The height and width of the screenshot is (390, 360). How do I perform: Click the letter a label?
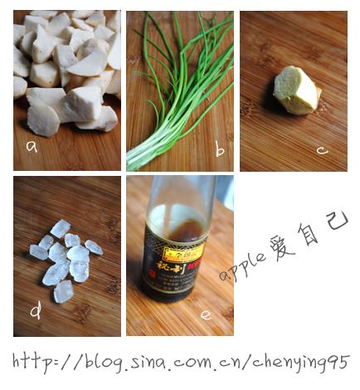coord(32,147)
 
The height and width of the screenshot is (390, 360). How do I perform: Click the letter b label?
coord(219,151)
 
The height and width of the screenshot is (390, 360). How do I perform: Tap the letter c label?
coord(323,150)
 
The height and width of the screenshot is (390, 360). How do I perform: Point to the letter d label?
coord(36,312)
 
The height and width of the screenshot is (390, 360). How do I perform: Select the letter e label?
coord(206,314)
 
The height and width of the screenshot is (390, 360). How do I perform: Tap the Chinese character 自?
coord(309,234)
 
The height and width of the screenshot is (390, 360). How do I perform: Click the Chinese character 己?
coord(337,222)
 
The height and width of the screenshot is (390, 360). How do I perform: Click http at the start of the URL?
coord(36,362)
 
